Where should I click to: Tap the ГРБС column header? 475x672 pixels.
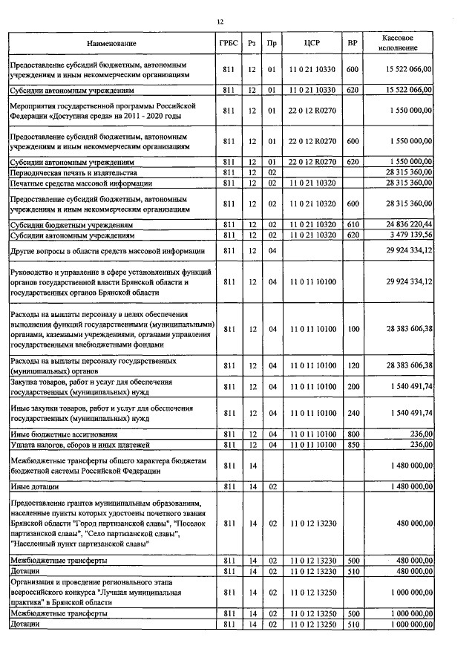click(229, 44)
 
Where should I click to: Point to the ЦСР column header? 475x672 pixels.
click(312, 44)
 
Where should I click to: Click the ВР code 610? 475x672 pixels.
click(353, 224)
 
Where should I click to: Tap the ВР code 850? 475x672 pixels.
click(353, 444)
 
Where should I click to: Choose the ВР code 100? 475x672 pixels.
click(353, 329)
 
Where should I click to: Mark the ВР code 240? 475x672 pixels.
click(353, 413)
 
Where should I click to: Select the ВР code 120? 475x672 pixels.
click(353, 365)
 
